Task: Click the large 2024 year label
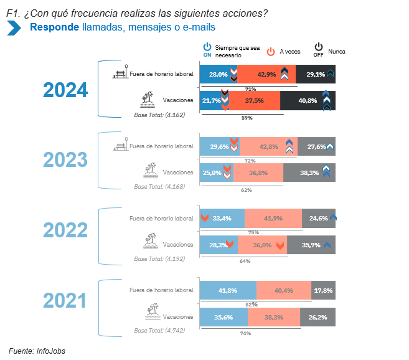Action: (65, 90)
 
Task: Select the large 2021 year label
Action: (65, 301)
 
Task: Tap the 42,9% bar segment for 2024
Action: (266, 75)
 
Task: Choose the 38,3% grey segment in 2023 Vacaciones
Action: (309, 173)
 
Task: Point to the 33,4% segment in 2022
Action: (222, 219)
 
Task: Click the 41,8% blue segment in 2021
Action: (227, 290)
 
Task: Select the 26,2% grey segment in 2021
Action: (317, 317)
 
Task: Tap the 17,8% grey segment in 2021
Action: (323, 290)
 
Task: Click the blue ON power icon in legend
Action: (207, 48)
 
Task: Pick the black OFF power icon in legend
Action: (318, 48)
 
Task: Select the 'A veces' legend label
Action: (290, 52)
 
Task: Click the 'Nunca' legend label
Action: (337, 52)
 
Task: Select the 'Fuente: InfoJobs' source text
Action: (37, 351)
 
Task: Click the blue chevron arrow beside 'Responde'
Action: (14, 28)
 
